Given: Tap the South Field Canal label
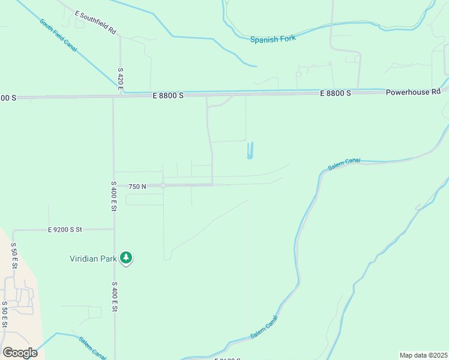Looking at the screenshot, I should coord(58,35).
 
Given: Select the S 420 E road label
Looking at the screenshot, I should coord(121,79).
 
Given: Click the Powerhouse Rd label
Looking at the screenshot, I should coord(413,92).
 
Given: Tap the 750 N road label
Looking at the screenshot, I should coord(137,187).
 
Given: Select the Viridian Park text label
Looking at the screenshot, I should coord(94,259).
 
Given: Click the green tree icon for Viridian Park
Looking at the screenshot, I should coord(126,258).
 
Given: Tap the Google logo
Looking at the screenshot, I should coord(20,353).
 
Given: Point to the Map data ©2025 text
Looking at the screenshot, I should coord(423,355).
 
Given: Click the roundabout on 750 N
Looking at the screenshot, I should coord(163,186).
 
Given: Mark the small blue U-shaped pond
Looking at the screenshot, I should coord(250,151).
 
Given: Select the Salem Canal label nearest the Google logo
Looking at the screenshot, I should coord(92,346).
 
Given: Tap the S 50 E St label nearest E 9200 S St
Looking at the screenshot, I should coord(13,255).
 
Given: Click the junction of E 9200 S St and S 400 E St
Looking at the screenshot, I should coord(113,229).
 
